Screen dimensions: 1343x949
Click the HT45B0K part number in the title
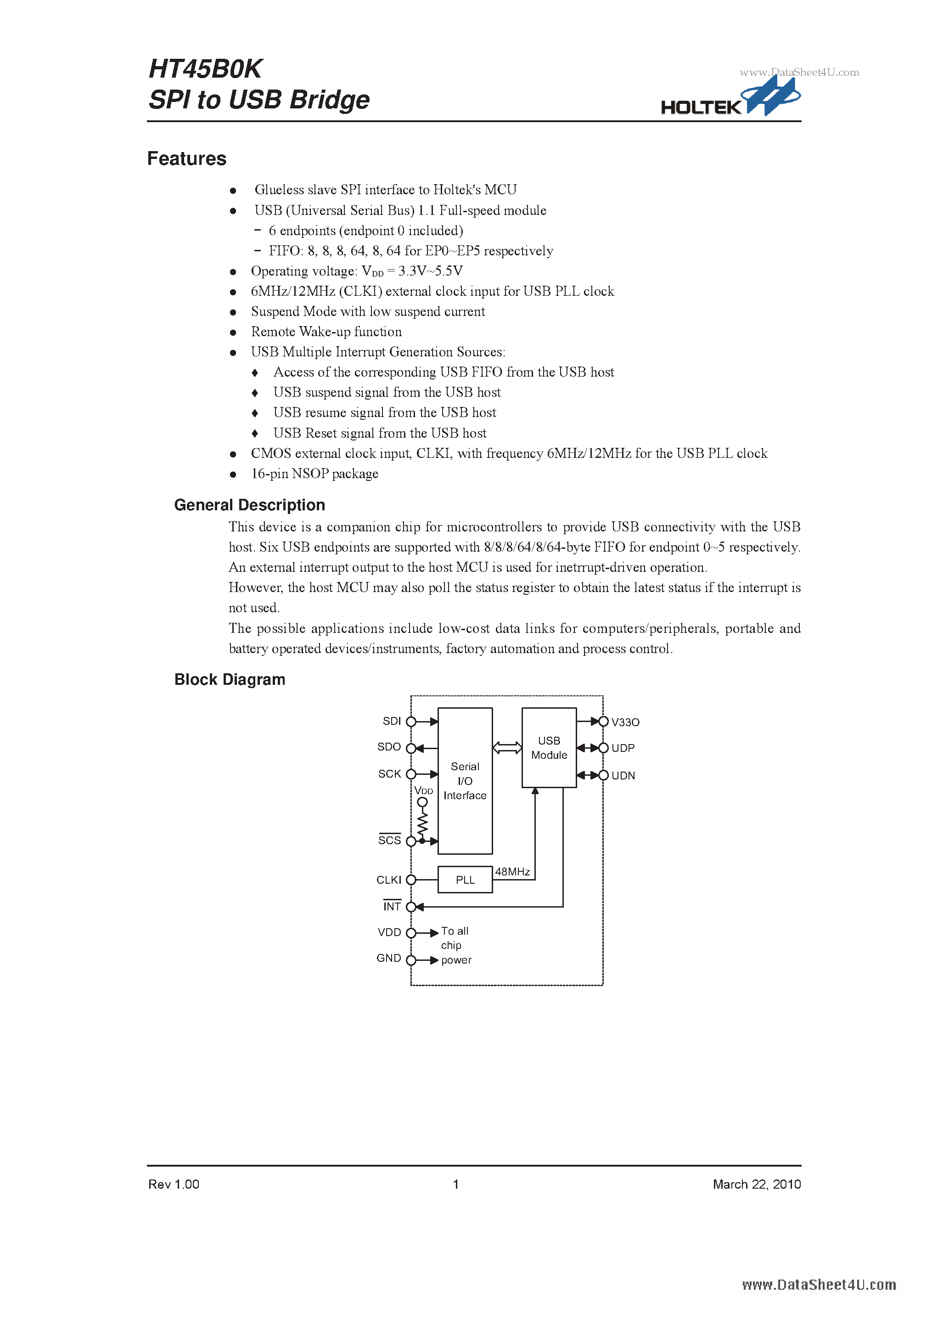205,69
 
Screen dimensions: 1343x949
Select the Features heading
186,158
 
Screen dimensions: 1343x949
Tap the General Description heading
249,505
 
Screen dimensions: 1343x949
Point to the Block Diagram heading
230,679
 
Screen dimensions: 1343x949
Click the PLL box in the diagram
465,880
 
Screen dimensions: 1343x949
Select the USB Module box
549,748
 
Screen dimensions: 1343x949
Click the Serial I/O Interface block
465,781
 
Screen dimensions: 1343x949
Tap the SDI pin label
392,721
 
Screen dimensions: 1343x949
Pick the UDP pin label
623,748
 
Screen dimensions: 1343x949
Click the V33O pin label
625,722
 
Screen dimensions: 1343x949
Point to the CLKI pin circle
411,880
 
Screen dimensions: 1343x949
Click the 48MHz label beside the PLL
512,872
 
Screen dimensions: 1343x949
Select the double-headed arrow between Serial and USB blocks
507,748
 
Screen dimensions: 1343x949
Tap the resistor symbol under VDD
422,824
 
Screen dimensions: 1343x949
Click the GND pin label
389,958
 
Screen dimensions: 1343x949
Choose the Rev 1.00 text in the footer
174,1185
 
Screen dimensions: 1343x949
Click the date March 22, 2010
757,1185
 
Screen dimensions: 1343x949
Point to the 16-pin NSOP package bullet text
314,474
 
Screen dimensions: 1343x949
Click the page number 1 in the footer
455,1185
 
